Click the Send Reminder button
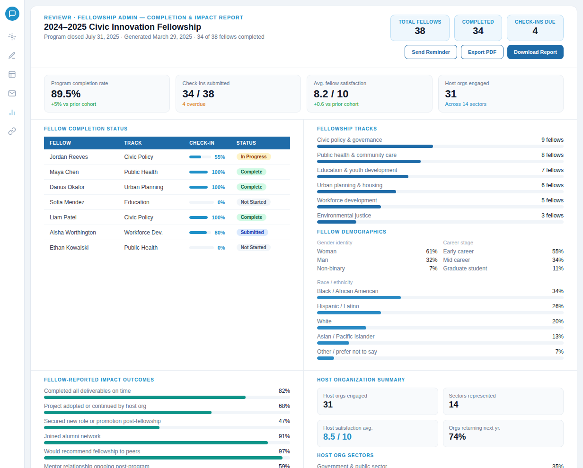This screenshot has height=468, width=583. click(431, 52)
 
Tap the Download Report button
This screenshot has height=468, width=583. click(535, 52)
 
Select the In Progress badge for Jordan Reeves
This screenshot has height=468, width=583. click(254, 157)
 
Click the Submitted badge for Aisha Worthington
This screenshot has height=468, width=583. click(252, 233)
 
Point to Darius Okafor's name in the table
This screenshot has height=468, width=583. click(67, 187)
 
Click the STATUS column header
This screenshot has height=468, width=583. click(246, 143)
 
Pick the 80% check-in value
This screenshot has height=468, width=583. click(220, 233)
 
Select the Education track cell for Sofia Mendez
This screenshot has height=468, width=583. click(137, 202)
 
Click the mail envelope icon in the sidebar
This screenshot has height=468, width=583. click(12, 94)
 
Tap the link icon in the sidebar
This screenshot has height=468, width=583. click(12, 131)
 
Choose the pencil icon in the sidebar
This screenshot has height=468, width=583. click(12, 56)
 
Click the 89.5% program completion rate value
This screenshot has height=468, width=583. click(66, 94)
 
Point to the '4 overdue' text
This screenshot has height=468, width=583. click(194, 104)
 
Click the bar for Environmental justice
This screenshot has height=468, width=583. click(336, 222)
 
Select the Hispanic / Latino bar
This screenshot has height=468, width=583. click(349, 312)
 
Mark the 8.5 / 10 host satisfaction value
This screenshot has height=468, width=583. click(337, 437)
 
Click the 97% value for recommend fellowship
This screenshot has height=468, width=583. click(284, 451)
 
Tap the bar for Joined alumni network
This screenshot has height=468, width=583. click(156, 442)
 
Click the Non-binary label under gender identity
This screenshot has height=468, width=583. click(331, 269)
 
